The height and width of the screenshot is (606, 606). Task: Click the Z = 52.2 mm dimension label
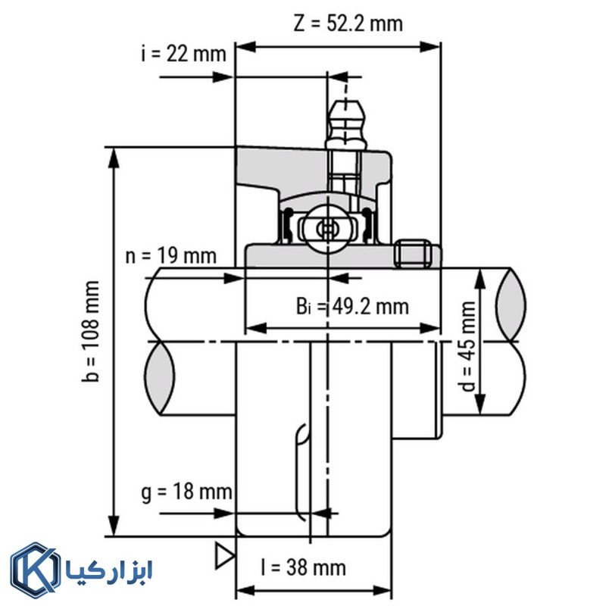[348, 23]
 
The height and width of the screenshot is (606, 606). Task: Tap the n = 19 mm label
[170, 255]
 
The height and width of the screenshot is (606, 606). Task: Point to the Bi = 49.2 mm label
[351, 306]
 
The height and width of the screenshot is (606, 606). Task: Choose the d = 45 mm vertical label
[469, 345]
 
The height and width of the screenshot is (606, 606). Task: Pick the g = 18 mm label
[186, 492]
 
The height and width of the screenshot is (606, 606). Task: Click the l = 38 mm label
[302, 567]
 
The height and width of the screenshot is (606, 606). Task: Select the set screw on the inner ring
[413, 253]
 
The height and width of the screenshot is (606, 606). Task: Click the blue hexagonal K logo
[35, 570]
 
